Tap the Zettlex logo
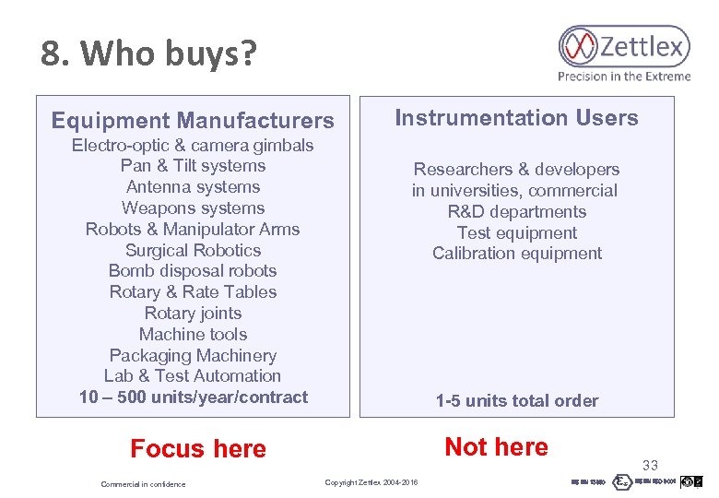click(x=623, y=46)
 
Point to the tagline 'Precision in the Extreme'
click(x=623, y=77)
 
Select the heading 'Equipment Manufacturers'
click(x=193, y=121)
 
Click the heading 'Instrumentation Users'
click(x=516, y=118)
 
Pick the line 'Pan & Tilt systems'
click(x=193, y=166)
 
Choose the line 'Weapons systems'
click(x=193, y=208)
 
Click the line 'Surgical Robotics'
click(x=193, y=250)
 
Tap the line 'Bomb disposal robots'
click(x=193, y=271)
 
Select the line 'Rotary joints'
click(x=193, y=313)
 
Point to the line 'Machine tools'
click(x=193, y=334)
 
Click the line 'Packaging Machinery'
click(x=193, y=355)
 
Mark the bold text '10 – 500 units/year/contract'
click(x=194, y=397)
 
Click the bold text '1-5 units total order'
click(x=516, y=401)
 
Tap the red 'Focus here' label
click(x=198, y=449)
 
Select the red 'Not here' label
click(x=496, y=447)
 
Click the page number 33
click(x=651, y=466)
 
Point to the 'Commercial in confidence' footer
click(x=143, y=484)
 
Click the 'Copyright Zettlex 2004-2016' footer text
click(x=371, y=483)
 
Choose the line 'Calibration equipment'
click(x=516, y=254)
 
